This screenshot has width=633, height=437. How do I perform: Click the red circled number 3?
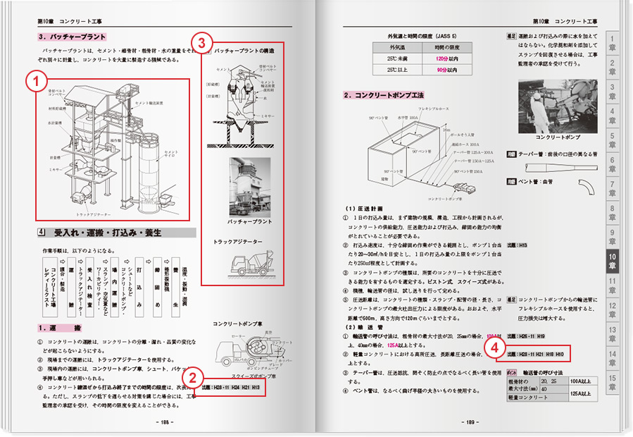point(202,43)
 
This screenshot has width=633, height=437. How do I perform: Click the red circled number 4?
point(496,347)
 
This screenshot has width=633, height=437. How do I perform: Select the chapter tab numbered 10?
point(612,262)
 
